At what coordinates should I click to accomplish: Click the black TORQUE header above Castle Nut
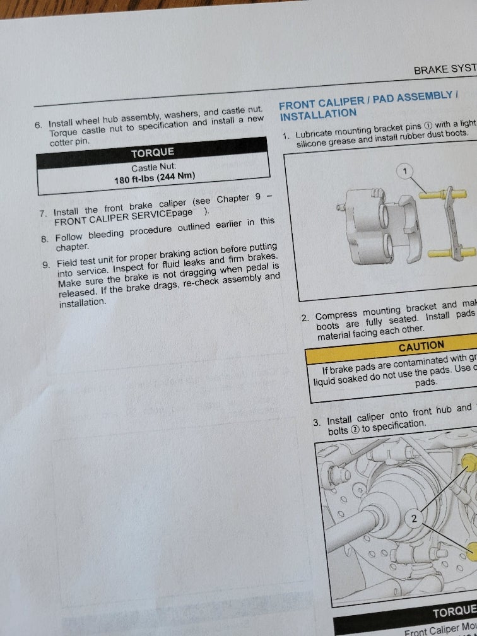click(x=152, y=153)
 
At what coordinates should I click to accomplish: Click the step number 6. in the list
click(x=38, y=125)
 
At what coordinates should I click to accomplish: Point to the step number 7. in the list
click(x=43, y=214)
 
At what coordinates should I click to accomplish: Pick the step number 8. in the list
click(x=44, y=238)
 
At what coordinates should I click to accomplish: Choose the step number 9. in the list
click(x=46, y=264)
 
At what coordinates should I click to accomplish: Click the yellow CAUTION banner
click(x=421, y=346)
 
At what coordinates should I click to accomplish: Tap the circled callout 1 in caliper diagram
click(x=406, y=170)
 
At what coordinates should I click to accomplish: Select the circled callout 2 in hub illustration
click(x=415, y=519)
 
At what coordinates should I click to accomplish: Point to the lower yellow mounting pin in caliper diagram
click(x=442, y=253)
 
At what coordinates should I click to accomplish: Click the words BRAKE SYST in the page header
click(x=444, y=69)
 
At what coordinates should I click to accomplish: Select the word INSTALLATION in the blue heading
click(x=318, y=115)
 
